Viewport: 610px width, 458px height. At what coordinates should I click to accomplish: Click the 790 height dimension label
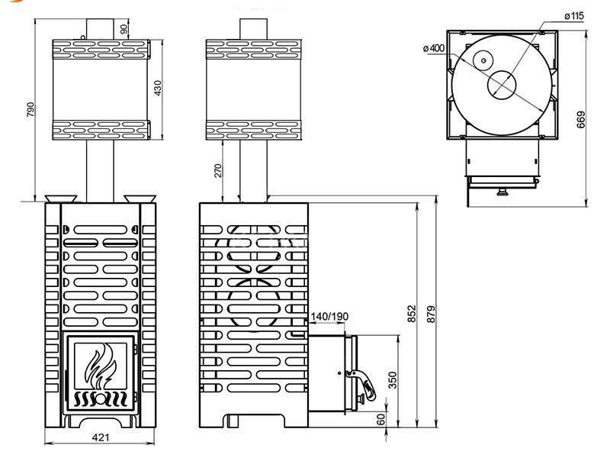tap(30, 110)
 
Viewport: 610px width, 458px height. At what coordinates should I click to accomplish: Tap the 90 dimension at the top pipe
tap(124, 29)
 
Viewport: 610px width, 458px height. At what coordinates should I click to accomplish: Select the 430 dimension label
tap(158, 88)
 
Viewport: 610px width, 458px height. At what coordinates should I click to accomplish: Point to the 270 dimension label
tap(218, 170)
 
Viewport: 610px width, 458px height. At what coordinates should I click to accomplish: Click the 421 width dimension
tap(101, 437)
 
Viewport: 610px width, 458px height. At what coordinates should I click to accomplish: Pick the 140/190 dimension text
tap(329, 317)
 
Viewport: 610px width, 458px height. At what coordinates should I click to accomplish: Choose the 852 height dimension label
tap(412, 314)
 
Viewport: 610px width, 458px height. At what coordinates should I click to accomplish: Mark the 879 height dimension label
tap(431, 314)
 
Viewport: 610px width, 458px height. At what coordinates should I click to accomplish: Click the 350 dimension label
tap(393, 380)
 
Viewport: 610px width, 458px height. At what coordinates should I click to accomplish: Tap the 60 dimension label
tap(381, 419)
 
